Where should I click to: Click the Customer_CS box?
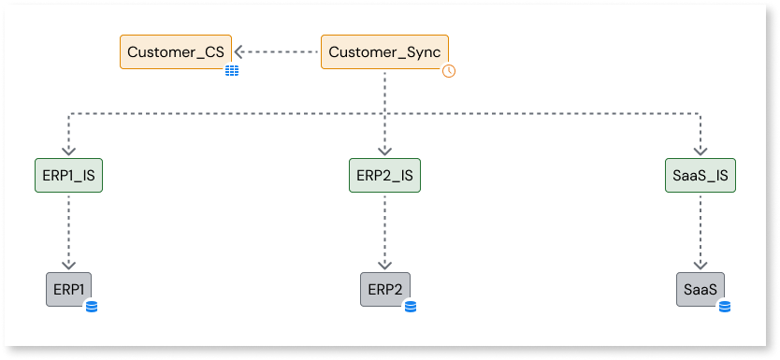[x=175, y=52]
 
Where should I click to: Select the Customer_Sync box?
[x=384, y=52]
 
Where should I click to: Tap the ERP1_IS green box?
[x=67, y=176]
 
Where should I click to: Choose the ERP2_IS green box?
[x=384, y=176]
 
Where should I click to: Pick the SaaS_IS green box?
[x=701, y=176]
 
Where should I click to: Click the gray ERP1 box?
[x=68, y=289]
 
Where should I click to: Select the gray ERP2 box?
[x=384, y=289]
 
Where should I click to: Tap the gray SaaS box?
[x=701, y=289]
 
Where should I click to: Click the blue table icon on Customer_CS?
[x=231, y=70]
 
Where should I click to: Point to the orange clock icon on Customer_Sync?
[x=449, y=70]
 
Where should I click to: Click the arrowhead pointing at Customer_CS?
[x=239, y=52]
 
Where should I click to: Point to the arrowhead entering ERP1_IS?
[x=68, y=153]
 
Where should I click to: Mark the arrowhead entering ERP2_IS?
[x=384, y=153]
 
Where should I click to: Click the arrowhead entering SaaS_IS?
[x=701, y=153]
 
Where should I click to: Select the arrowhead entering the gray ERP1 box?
[x=68, y=266]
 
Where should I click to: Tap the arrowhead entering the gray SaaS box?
[x=701, y=266]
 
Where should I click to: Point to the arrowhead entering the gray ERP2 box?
[x=384, y=266]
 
